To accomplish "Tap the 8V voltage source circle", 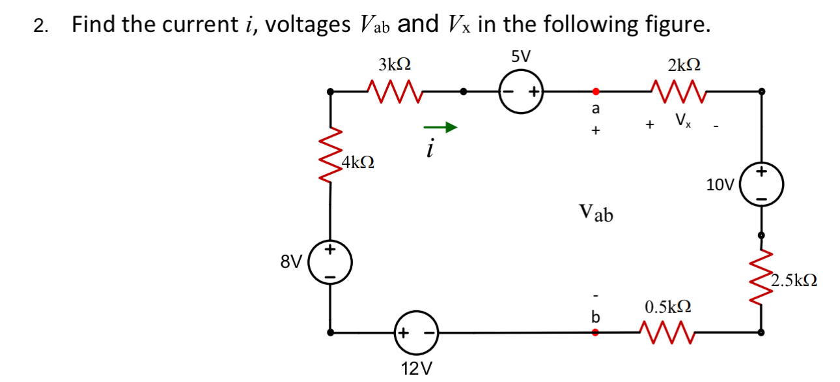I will click(331, 263).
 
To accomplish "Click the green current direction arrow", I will click(440, 128).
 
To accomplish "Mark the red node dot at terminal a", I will click(594, 92).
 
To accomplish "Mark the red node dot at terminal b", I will click(594, 332).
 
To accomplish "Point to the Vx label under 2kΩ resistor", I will click(682, 121).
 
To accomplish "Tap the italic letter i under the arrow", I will click(429, 149).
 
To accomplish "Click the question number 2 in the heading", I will click(40, 27).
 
